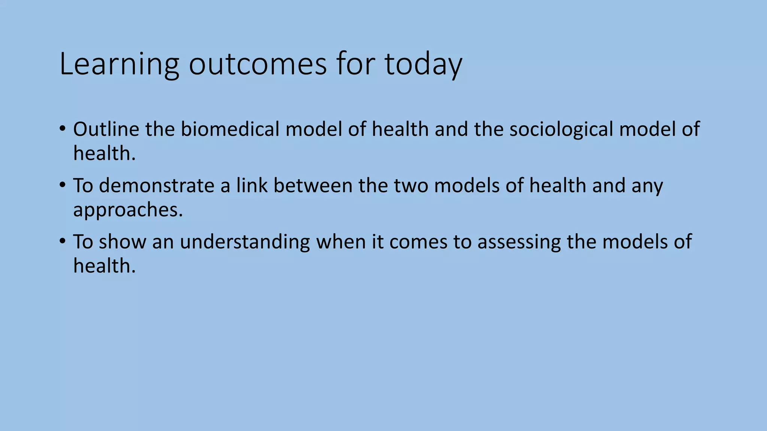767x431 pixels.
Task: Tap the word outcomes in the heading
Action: pyautogui.click(x=258, y=64)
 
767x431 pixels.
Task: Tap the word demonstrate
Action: pyautogui.click(x=157, y=186)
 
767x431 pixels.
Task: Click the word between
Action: pyautogui.click(x=313, y=186)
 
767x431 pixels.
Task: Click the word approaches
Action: pyautogui.click(x=128, y=210)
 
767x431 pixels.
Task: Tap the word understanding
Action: pyautogui.click(x=245, y=242)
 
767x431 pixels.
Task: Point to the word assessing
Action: pyautogui.click(x=519, y=242)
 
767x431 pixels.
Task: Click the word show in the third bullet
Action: pyautogui.click(x=122, y=242)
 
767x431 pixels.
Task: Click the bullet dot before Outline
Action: pyautogui.click(x=62, y=129)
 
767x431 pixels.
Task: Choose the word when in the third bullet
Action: pyautogui.click(x=340, y=242)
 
